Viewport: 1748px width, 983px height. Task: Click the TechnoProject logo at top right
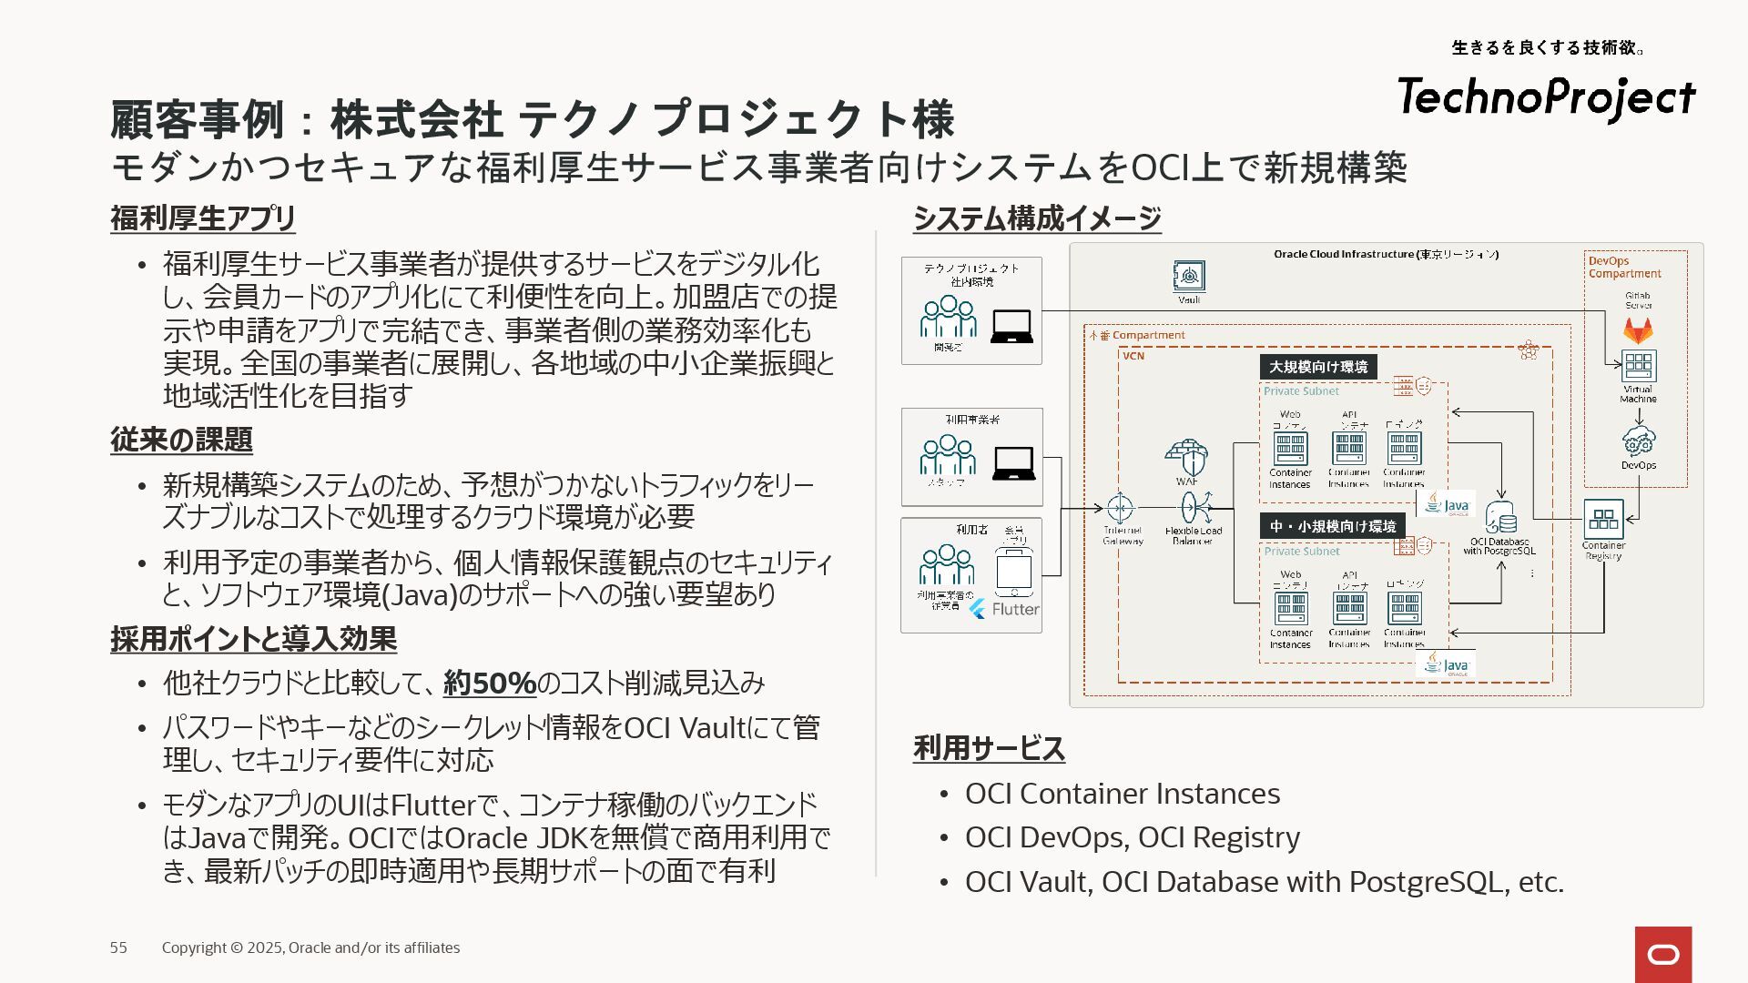point(1546,96)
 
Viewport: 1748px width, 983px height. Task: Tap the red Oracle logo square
point(1663,954)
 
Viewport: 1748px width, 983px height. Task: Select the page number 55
point(118,948)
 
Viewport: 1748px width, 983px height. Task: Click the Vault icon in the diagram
point(1189,276)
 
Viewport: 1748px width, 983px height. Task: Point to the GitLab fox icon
point(1638,329)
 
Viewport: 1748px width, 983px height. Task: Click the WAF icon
point(1186,457)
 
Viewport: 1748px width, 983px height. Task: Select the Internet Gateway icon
point(1120,508)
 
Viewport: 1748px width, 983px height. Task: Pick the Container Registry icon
point(1603,519)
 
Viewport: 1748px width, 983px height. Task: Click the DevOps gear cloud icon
point(1639,441)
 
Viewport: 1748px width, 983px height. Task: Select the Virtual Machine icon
point(1638,366)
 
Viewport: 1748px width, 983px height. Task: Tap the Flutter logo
point(1003,609)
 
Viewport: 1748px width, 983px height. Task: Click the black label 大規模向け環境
point(1318,367)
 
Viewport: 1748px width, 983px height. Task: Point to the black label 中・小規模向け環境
point(1333,526)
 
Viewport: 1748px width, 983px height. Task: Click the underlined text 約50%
point(490,683)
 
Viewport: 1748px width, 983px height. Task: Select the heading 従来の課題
point(181,440)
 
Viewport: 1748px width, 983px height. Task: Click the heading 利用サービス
point(989,748)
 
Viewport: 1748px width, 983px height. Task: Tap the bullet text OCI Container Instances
point(1122,794)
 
